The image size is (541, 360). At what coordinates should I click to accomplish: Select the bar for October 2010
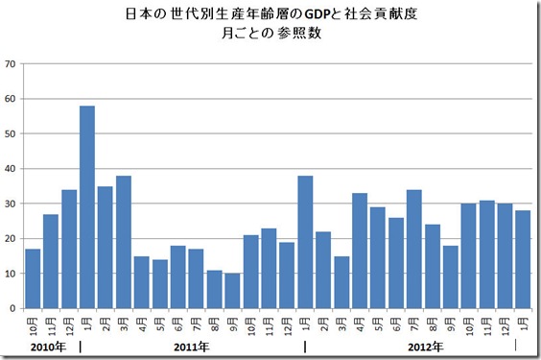tap(33, 278)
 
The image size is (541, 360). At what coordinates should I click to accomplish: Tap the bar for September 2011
tap(233, 291)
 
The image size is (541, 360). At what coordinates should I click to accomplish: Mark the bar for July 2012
tap(415, 249)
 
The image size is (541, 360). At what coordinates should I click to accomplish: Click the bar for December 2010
tap(69, 249)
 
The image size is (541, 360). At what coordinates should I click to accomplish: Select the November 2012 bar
tap(488, 254)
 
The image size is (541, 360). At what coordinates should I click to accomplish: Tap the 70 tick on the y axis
tap(11, 64)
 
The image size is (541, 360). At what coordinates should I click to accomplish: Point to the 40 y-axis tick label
tap(11, 169)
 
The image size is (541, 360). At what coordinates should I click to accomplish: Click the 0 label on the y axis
tap(13, 308)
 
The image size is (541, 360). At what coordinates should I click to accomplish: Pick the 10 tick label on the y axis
tap(11, 274)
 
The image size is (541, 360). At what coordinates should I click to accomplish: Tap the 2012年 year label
tap(424, 346)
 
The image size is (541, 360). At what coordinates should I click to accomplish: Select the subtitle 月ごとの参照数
tap(270, 35)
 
